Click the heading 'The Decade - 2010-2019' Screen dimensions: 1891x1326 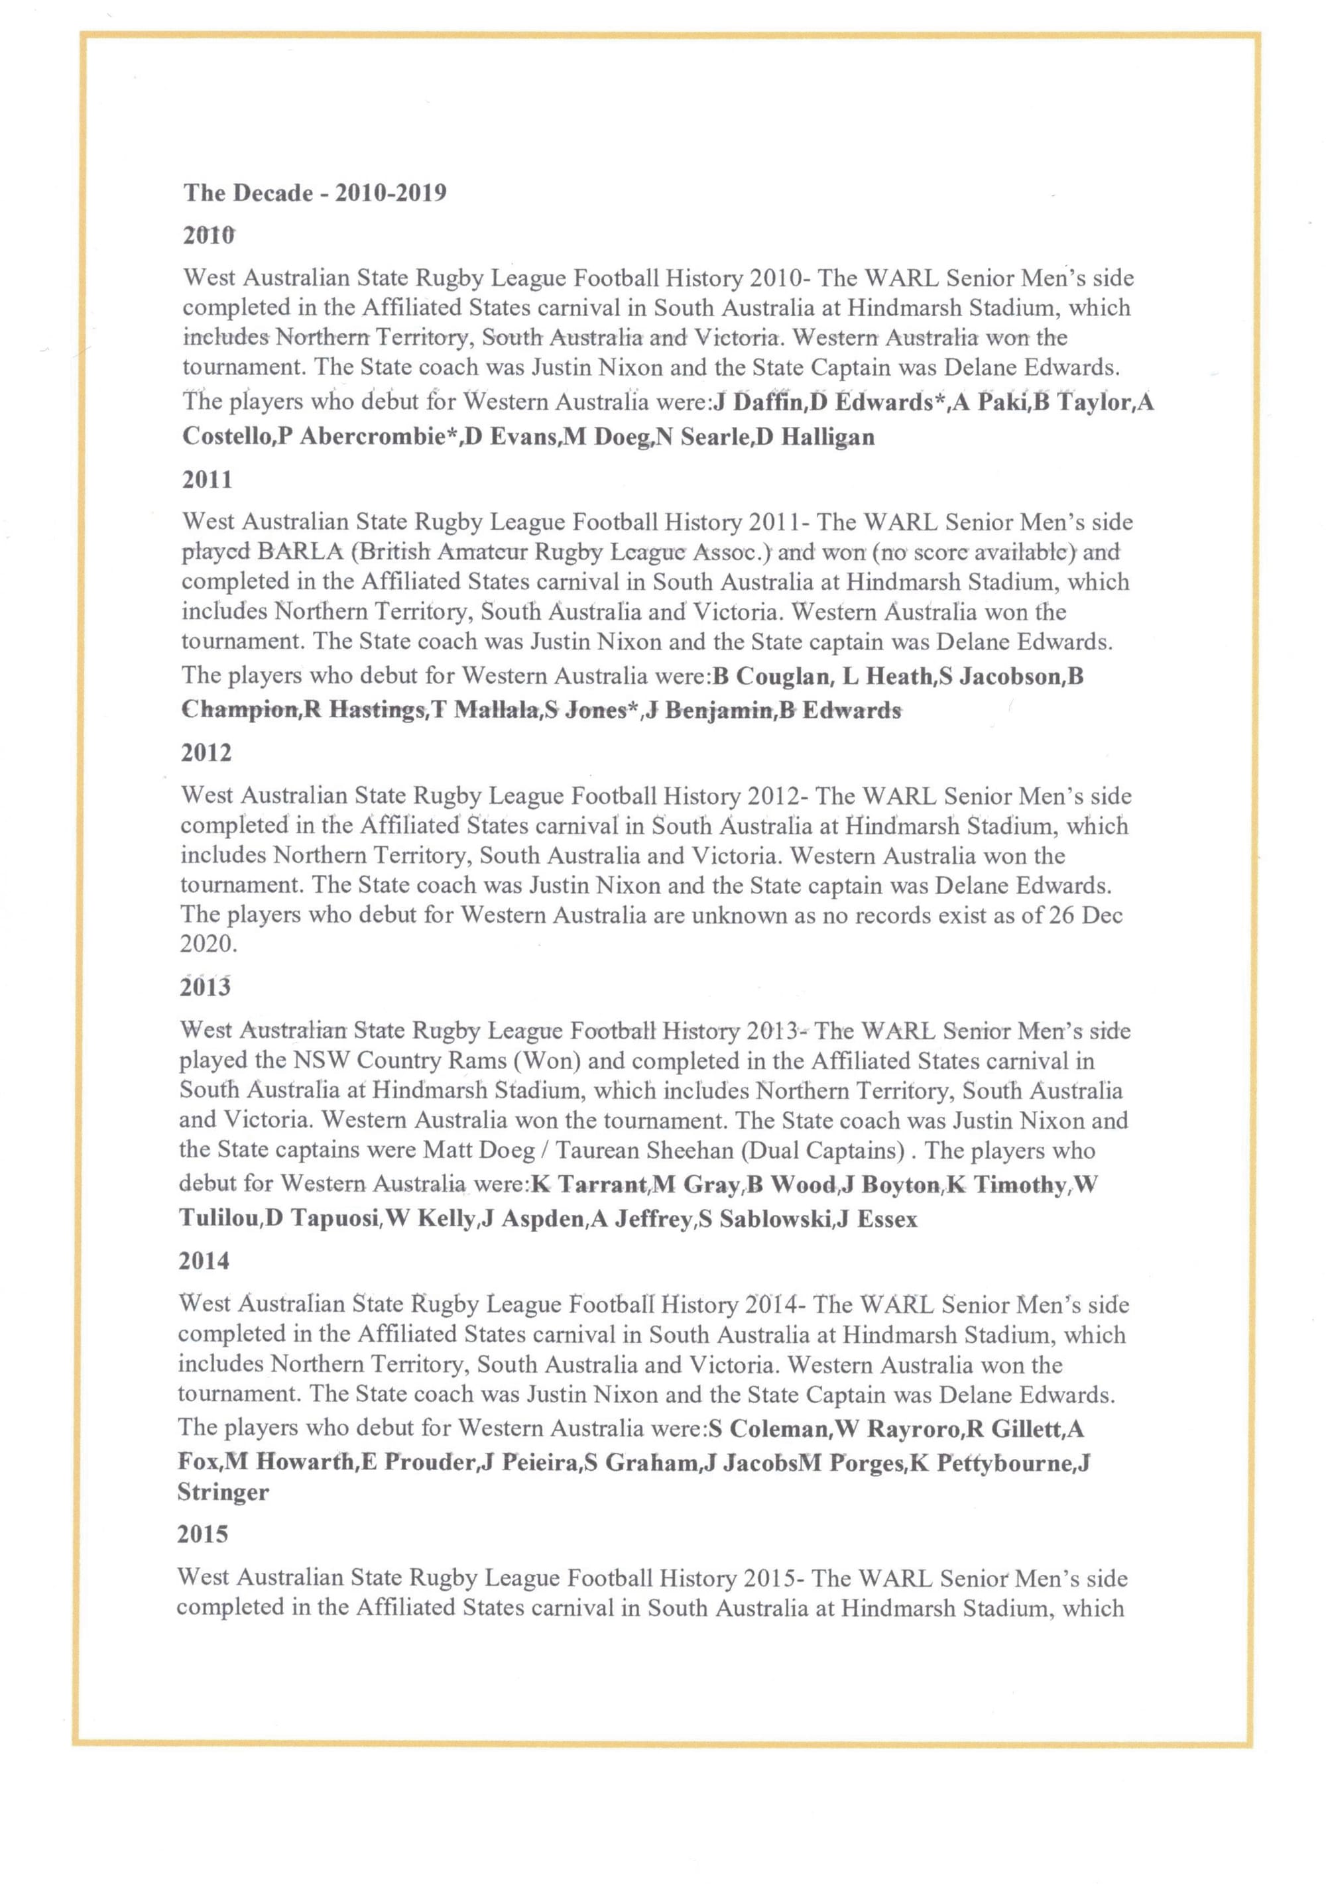(315, 193)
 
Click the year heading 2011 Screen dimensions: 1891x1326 (207, 479)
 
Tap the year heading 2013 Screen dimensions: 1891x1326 (204, 987)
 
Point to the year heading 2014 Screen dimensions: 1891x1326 (204, 1260)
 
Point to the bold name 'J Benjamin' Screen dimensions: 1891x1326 (709, 710)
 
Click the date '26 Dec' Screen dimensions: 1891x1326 (1085, 915)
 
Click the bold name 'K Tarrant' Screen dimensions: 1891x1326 (589, 1185)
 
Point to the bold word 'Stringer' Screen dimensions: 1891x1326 (223, 1493)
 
